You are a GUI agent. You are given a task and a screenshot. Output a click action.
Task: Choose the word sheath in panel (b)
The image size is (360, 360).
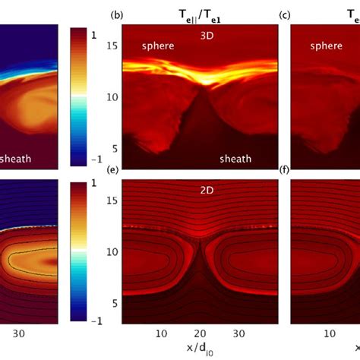pos(235,159)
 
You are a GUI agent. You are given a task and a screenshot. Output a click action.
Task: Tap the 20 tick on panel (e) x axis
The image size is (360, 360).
pos(199,333)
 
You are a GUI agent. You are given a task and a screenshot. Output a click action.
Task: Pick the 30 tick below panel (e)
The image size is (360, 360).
pos(238,333)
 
